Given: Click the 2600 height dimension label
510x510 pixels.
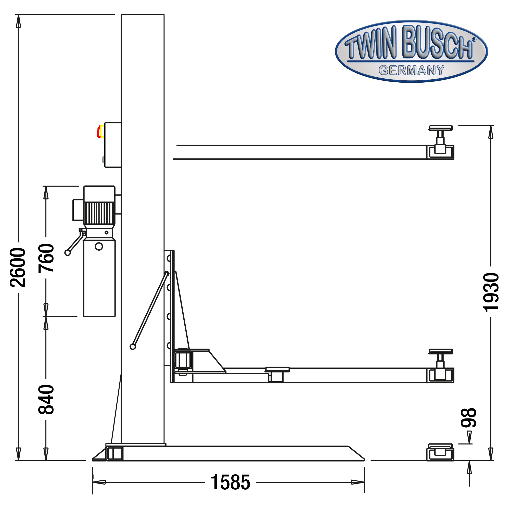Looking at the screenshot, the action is (x=18, y=267).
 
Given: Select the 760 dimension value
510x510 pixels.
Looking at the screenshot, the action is (x=46, y=258).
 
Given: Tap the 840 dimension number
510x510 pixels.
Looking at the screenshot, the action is (x=46, y=399).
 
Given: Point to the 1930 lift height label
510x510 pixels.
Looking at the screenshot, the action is (x=491, y=292).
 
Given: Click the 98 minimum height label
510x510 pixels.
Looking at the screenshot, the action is (x=468, y=418).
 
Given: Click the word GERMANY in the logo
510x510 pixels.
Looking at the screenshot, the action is (x=411, y=70).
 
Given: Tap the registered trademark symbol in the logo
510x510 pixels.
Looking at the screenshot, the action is (x=474, y=40).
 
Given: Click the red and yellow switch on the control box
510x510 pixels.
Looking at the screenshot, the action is (x=100, y=131).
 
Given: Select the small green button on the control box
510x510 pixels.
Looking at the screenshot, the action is (x=103, y=159).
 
